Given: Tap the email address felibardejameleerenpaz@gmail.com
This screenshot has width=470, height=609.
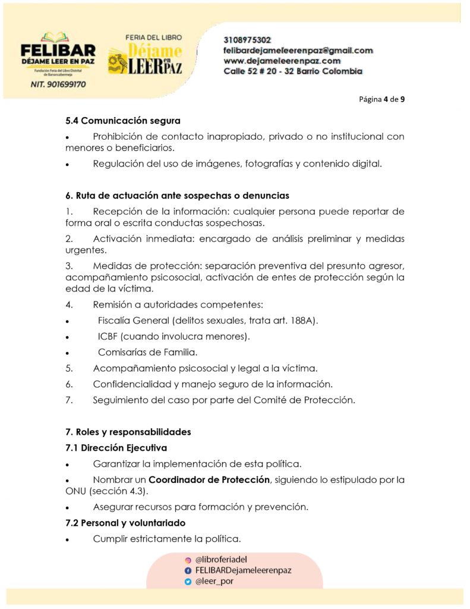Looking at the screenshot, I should [298, 51].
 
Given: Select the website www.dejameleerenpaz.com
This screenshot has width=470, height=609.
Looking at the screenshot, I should [282, 61].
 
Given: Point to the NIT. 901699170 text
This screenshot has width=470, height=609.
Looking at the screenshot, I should [58, 84].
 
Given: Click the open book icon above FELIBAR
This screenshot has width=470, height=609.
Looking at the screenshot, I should [57, 37].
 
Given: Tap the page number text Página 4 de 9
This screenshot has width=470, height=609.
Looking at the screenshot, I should [382, 99].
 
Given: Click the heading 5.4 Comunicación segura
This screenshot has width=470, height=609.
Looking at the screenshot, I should [123, 121].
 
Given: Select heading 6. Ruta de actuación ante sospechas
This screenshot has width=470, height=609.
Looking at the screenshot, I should [177, 195].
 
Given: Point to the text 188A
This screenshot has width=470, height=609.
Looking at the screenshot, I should [303, 321].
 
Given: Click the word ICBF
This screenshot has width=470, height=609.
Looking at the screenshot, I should [108, 337].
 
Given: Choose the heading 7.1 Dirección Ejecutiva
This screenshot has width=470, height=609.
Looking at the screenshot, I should [116, 448].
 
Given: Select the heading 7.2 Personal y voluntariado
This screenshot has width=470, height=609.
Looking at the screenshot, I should [125, 523].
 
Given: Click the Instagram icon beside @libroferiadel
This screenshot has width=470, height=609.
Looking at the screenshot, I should [188, 560].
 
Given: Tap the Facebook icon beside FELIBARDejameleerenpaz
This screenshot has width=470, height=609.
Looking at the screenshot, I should [188, 570].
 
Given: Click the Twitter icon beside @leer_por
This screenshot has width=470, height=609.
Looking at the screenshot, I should [188, 582].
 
